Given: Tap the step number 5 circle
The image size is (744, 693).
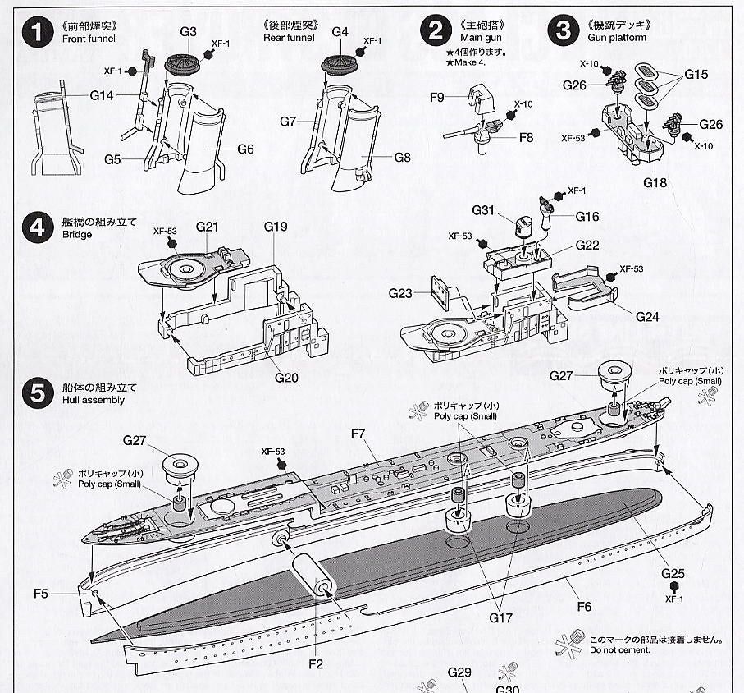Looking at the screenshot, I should [36, 392].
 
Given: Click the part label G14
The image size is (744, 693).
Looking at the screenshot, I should [102, 96].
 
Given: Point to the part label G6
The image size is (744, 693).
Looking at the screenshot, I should [245, 149].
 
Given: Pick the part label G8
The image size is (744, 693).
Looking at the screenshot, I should [401, 157].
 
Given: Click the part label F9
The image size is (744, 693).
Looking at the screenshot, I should [436, 98].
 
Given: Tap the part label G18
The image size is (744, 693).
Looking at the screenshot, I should [655, 182].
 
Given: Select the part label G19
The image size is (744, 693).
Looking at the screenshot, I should [276, 226].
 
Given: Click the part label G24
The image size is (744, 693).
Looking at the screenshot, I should [646, 316].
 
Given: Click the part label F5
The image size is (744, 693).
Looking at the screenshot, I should [65, 593].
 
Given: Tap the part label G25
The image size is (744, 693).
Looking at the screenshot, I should [673, 573].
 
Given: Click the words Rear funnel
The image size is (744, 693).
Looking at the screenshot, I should [290, 38].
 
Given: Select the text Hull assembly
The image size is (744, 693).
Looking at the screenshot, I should [92, 400].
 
